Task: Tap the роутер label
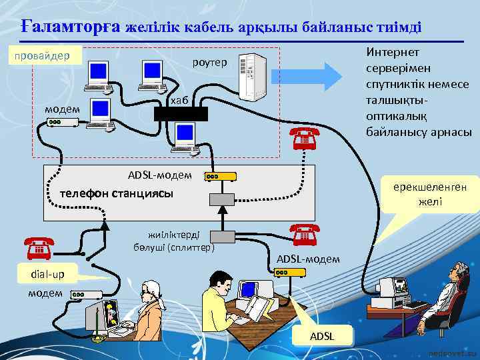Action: pyautogui.click(x=209, y=63)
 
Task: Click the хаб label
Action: pyautogui.click(x=179, y=100)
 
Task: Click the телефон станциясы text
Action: pyautogui.click(x=117, y=194)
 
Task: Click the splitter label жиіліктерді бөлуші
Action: pyautogui.click(x=174, y=241)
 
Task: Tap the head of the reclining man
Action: pyautogui.click(x=458, y=271)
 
